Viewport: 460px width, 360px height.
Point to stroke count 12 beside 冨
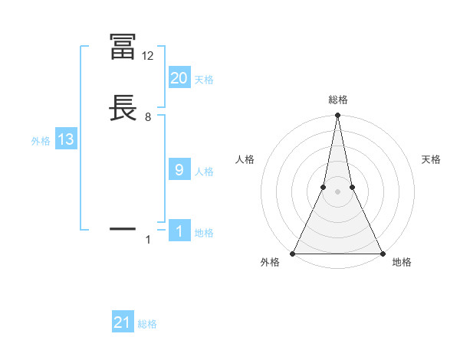pos(147,56)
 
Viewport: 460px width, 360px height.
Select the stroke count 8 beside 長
pos(148,117)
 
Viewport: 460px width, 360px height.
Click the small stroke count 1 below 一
pos(148,240)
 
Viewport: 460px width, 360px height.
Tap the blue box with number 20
pos(179,78)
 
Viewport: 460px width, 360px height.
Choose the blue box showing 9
pos(179,170)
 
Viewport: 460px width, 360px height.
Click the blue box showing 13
pos(66,139)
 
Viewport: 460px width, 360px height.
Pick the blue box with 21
pos(123,322)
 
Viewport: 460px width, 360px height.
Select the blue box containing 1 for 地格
pos(179,231)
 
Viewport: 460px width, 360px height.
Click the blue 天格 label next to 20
pos(204,80)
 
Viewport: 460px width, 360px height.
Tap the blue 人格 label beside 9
pos(204,172)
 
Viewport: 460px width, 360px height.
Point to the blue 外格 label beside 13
pos(41,141)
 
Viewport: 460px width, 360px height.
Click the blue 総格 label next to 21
pos(147,324)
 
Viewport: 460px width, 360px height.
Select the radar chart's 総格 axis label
pos(337,100)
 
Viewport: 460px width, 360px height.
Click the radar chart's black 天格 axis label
pos(432,159)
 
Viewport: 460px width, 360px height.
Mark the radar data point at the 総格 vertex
pos(337,116)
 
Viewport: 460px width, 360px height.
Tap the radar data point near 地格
pos(381,254)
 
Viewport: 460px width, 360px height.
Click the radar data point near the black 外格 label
pos(294,254)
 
